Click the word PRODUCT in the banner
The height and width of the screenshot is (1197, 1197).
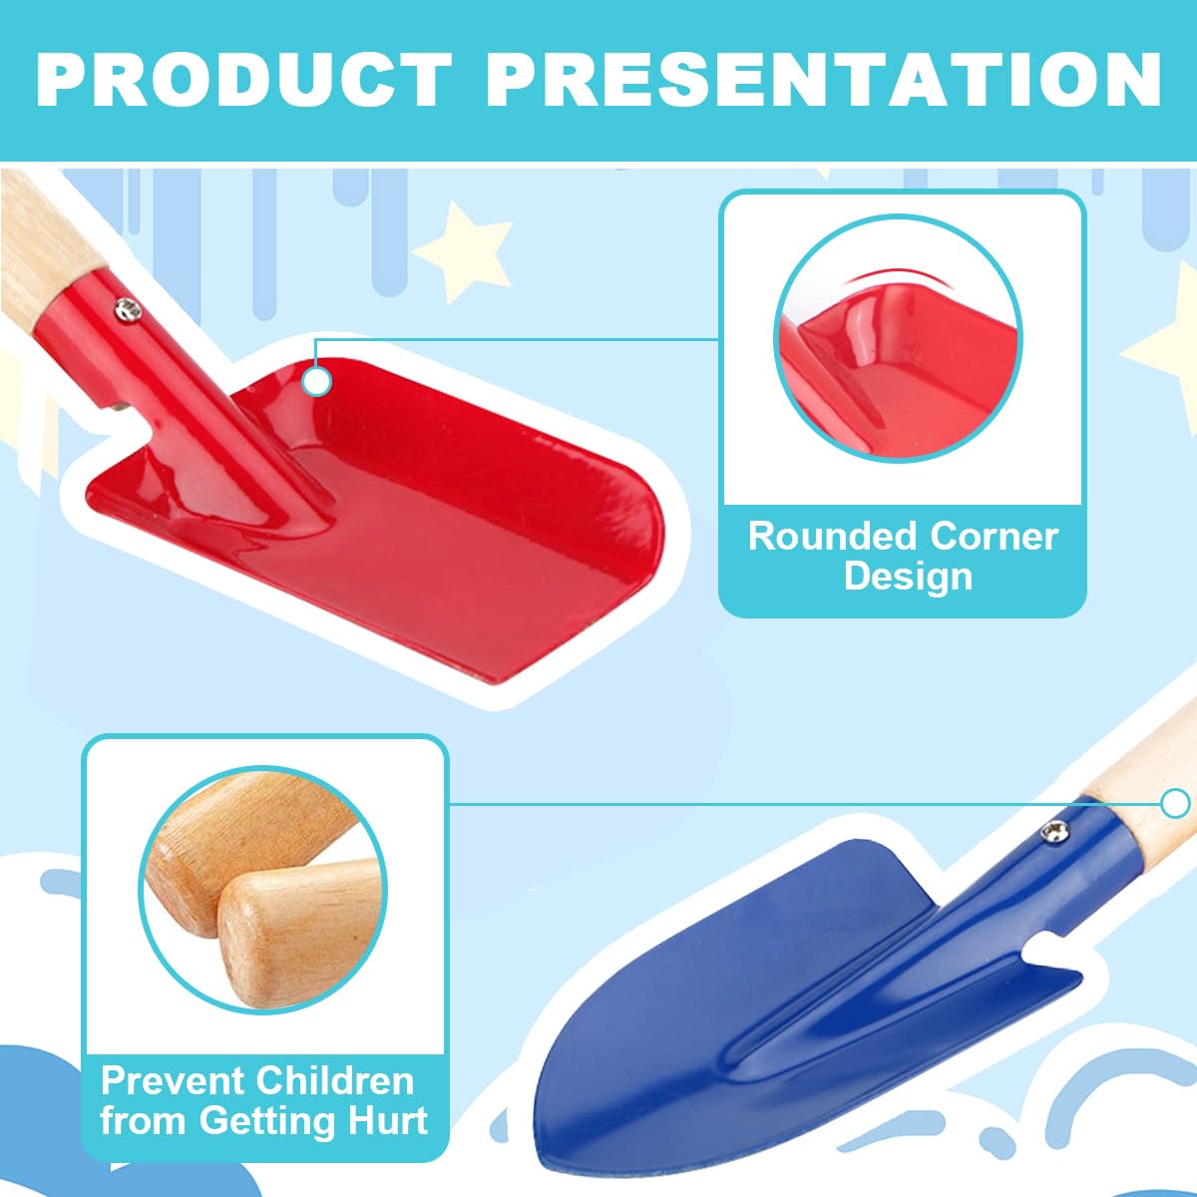[x=243, y=79]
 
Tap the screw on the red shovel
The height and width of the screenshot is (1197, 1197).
[x=128, y=311]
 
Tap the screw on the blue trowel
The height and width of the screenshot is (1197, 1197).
[x=1053, y=830]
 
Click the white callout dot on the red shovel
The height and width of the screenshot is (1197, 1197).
[x=317, y=381]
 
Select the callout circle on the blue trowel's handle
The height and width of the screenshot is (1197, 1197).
[x=1176, y=803]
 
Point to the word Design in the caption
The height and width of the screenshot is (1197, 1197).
[x=908, y=577]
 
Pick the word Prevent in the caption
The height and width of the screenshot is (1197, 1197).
[x=171, y=1080]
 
